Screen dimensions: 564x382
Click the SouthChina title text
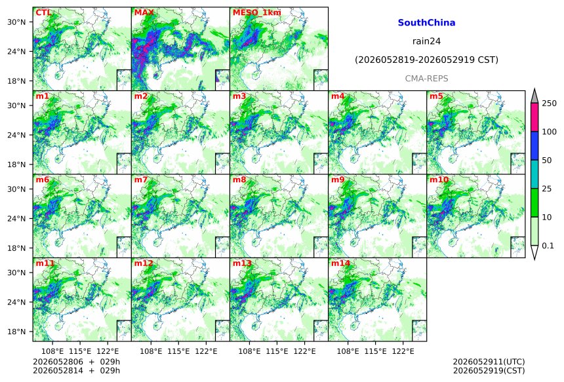(426, 23)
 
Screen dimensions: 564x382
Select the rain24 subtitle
(426, 41)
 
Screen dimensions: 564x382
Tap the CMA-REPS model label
(426, 79)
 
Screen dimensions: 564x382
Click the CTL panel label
(43, 12)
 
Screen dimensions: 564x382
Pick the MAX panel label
(144, 12)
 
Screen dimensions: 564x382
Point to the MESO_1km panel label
(257, 12)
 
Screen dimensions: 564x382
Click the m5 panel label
(436, 96)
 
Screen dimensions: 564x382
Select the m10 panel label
(439, 180)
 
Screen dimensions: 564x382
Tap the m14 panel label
(340, 263)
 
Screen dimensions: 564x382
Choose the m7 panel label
(141, 180)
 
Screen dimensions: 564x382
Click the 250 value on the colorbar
(550, 104)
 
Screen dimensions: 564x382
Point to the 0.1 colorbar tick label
(548, 246)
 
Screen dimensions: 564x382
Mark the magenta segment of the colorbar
(534, 117)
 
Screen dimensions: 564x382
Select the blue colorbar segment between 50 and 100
(534, 145)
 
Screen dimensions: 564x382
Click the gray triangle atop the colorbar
(534, 96)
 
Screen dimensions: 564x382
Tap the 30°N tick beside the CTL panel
(16, 22)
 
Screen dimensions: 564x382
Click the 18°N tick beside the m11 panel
(16, 332)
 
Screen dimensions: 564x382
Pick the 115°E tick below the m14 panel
(376, 351)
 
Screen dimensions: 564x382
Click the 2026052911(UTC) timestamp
(489, 362)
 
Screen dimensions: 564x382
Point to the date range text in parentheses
(426, 60)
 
